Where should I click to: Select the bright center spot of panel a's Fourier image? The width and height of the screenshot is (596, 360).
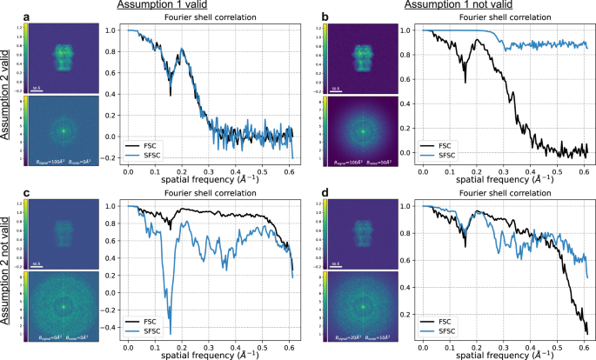63,130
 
